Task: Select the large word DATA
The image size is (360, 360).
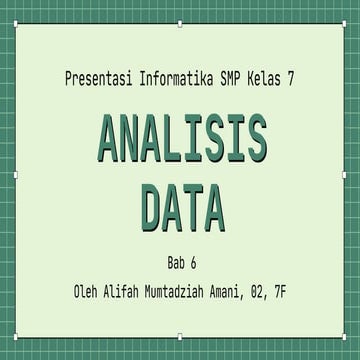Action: (x=181, y=208)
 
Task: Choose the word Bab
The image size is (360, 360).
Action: (x=173, y=264)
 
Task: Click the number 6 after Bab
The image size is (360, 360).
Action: (x=194, y=264)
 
